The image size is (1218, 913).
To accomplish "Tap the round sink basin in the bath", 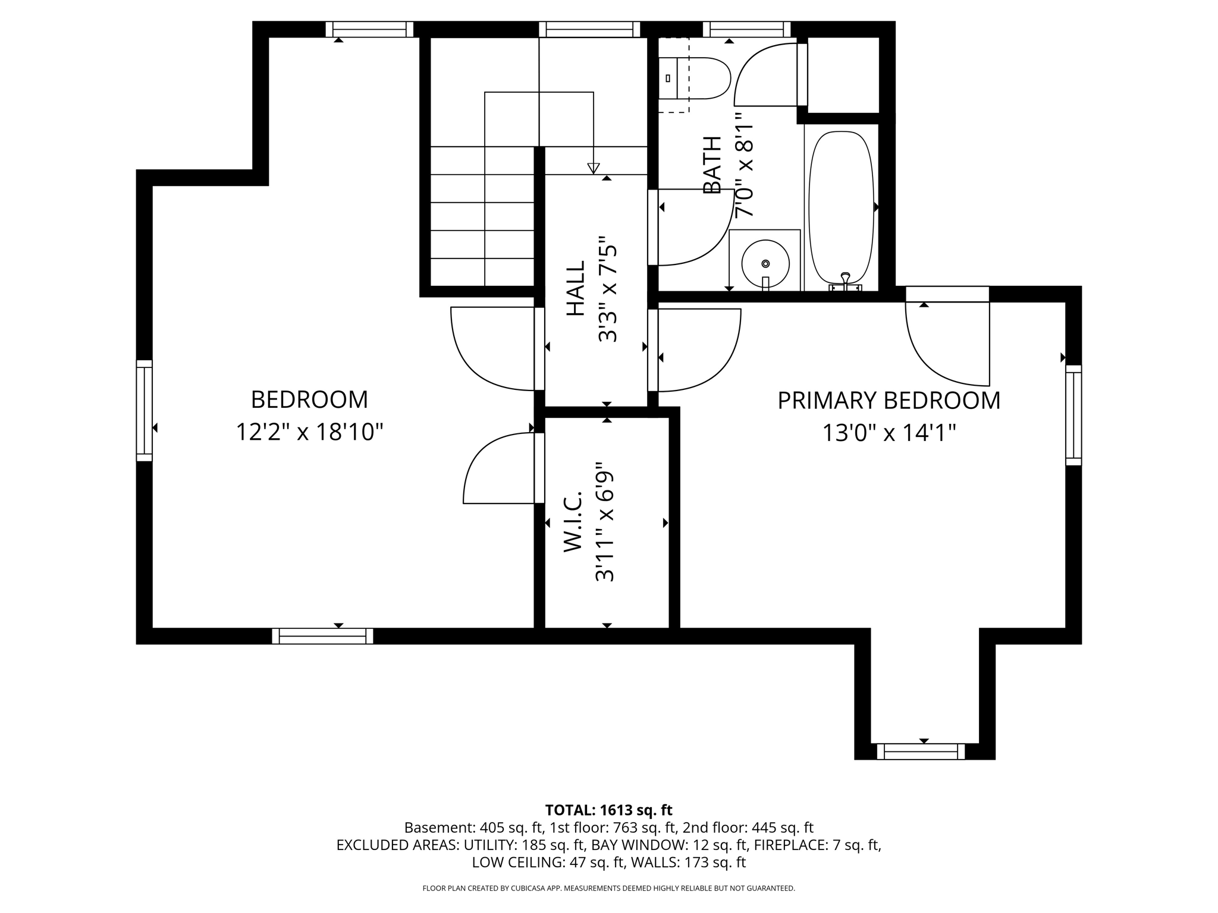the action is click(x=765, y=263).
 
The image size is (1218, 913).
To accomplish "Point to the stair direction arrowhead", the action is click(x=594, y=168).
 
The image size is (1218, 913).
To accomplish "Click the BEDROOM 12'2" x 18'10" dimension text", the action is click(x=309, y=432).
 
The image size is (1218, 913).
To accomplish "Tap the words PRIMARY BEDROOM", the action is click(x=889, y=401).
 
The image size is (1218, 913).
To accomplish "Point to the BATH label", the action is click(x=712, y=165).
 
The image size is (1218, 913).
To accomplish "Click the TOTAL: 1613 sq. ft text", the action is click(x=608, y=810).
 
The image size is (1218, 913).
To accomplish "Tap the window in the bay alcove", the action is click(x=921, y=751).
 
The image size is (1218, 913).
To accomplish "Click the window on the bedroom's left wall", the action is click(x=145, y=410).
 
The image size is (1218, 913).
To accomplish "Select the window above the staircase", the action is click(x=589, y=29).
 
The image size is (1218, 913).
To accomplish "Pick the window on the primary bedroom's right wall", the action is click(x=1073, y=415).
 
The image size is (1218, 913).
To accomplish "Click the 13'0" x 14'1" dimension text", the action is click(x=889, y=433).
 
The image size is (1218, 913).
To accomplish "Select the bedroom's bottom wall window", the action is click(x=322, y=636).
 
